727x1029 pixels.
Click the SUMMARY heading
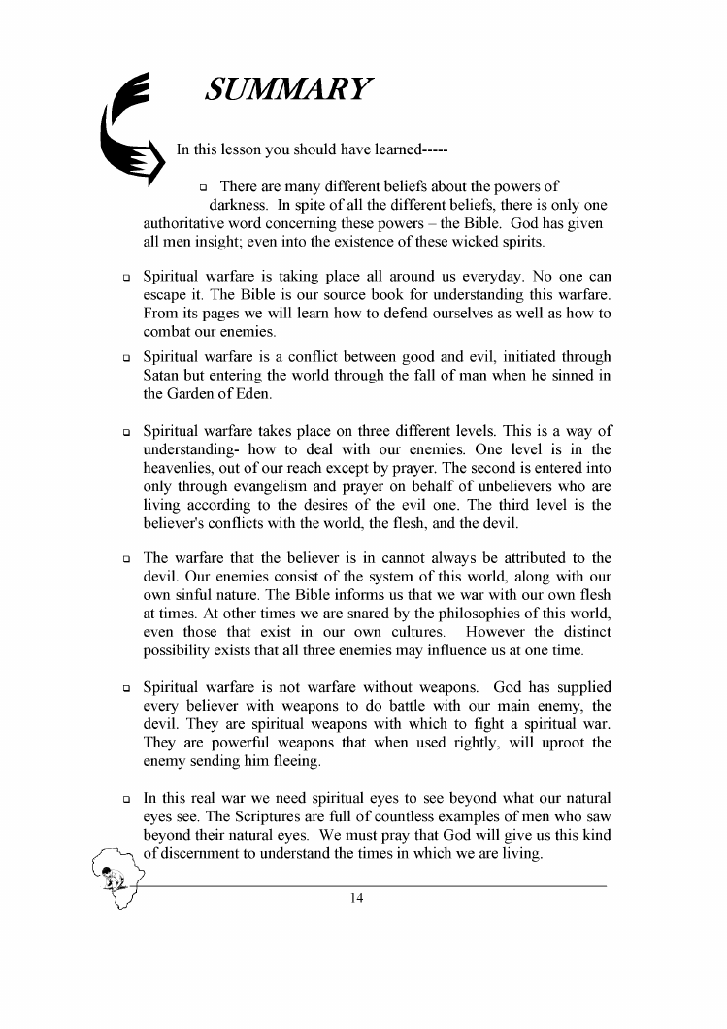288,90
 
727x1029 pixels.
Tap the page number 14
356,899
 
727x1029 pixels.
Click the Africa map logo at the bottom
122,879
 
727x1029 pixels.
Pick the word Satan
162,377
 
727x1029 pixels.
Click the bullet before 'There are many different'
204,187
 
